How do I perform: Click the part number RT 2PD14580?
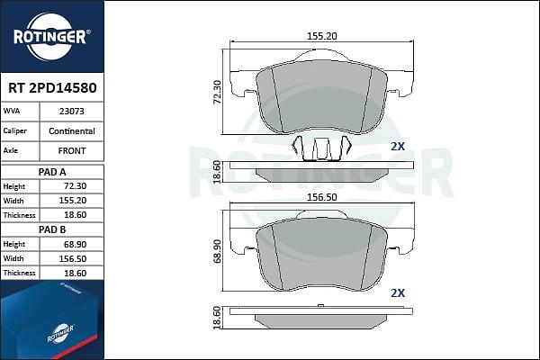pyautogui.click(x=52, y=88)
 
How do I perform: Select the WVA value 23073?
pyautogui.click(x=72, y=112)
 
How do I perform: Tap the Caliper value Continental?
pyautogui.click(x=72, y=130)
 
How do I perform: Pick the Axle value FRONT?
pyautogui.click(x=72, y=151)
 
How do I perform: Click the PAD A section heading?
pyautogui.click(x=52, y=172)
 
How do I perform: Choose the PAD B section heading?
pyautogui.click(x=52, y=229)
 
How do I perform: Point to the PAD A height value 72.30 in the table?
pyautogui.click(x=75, y=186)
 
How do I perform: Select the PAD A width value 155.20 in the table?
pyautogui.click(x=72, y=201)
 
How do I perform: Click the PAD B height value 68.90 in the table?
pyautogui.click(x=75, y=244)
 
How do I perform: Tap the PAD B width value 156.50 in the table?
pyautogui.click(x=72, y=258)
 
